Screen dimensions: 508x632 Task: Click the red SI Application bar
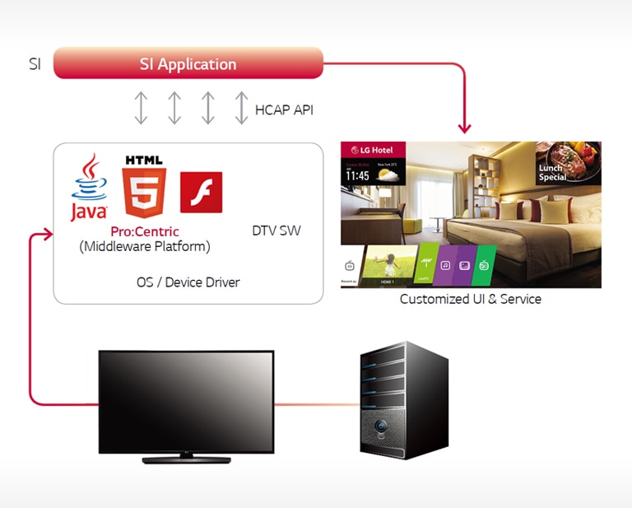(188, 63)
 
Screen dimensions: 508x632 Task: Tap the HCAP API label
(284, 110)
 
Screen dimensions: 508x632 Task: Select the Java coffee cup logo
(88, 188)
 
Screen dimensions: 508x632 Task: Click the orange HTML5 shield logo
(143, 185)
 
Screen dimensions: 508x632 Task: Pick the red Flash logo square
(201, 192)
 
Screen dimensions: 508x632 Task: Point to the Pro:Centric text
(145, 231)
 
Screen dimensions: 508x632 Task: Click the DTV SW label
(276, 231)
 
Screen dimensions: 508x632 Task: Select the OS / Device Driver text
(188, 282)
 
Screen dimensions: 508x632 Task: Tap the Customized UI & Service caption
(470, 299)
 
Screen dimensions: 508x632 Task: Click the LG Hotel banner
(372, 151)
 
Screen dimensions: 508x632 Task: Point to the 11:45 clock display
(357, 175)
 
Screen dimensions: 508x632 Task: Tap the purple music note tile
(445, 265)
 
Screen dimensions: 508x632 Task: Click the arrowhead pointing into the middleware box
(46, 236)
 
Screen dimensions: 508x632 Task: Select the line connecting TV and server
(317, 404)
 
